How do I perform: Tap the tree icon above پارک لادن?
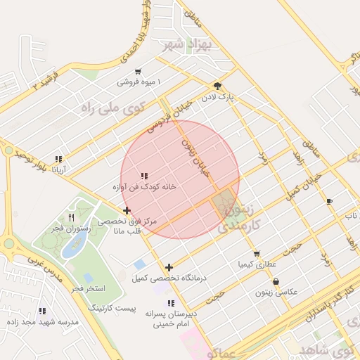[x=217, y=85]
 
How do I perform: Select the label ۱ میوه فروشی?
[x=139, y=82]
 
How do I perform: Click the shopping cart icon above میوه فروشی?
[x=138, y=72]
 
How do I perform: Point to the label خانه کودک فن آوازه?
[x=144, y=187]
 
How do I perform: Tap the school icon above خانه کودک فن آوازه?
[x=144, y=176]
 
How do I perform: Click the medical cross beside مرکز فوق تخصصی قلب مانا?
[x=127, y=210]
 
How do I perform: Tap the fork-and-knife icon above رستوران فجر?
[x=70, y=217]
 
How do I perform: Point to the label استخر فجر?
[x=87, y=288]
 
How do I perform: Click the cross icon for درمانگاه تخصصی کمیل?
[x=169, y=267]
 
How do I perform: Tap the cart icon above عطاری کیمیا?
[x=257, y=254]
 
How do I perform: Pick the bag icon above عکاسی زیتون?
[x=276, y=281]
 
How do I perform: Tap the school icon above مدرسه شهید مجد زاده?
[x=42, y=311]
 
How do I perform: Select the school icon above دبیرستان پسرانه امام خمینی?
[x=169, y=303]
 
